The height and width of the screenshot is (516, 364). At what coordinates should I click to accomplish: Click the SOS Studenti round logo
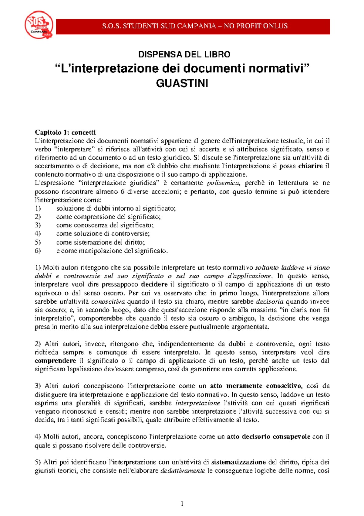pyautogui.click(x=39, y=25)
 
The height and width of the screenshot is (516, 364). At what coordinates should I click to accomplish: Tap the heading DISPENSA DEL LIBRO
pyautogui.click(x=184, y=55)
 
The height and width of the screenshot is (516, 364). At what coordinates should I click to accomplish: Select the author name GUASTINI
pyautogui.click(x=182, y=83)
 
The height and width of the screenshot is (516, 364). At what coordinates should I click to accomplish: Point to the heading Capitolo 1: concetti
pyautogui.click(x=65, y=132)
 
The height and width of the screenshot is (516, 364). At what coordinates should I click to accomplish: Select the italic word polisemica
pyautogui.click(x=223, y=183)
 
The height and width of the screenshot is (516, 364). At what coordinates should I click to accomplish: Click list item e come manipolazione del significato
pyautogui.click(x=112, y=251)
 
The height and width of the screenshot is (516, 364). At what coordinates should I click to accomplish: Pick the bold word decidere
pyautogui.click(x=154, y=284)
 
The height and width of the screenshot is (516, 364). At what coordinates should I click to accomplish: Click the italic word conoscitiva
pyautogui.click(x=108, y=301)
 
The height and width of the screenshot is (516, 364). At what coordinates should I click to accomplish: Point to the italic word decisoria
pyautogui.click(x=270, y=301)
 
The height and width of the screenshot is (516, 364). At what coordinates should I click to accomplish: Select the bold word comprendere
pyautogui.click(x=55, y=361)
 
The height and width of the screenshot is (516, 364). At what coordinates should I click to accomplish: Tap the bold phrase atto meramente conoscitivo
pyautogui.click(x=256, y=386)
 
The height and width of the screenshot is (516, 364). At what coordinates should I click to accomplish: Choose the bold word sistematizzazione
pyautogui.click(x=238, y=462)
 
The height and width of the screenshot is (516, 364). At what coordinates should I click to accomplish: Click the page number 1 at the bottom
pyautogui.click(x=182, y=504)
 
